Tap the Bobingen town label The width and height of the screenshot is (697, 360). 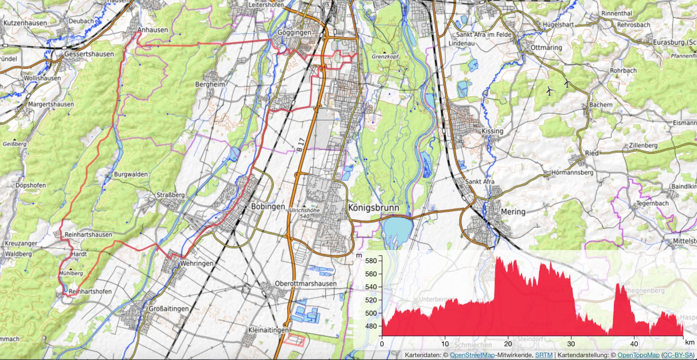click(268, 206)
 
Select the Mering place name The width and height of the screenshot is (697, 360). click(513, 212)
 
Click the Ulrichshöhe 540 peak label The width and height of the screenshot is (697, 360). click(303, 212)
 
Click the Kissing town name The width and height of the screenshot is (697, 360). click(493, 131)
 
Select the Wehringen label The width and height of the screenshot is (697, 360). click(198, 263)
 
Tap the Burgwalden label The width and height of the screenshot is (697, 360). click(131, 175)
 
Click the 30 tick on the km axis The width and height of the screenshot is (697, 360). click(572, 344)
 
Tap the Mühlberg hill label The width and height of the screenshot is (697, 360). click(71, 274)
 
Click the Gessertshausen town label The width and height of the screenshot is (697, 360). click(89, 54)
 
